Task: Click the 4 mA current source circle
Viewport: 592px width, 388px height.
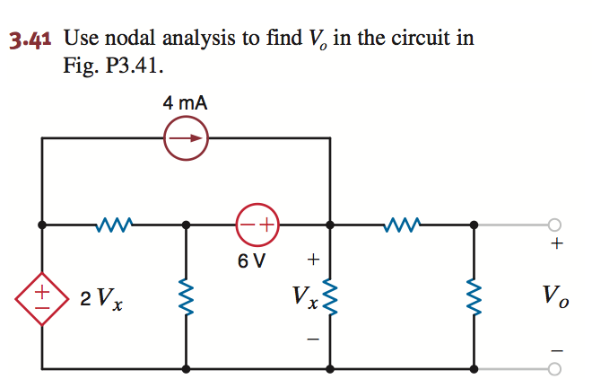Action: [x=187, y=139]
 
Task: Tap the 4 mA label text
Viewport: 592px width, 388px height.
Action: [x=185, y=103]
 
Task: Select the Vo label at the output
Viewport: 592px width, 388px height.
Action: [x=555, y=297]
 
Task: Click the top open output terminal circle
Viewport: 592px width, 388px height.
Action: [x=554, y=225]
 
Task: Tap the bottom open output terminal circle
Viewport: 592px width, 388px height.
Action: [x=554, y=369]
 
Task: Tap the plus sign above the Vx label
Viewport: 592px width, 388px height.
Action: [x=312, y=260]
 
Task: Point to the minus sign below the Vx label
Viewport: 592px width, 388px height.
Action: [x=312, y=339]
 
